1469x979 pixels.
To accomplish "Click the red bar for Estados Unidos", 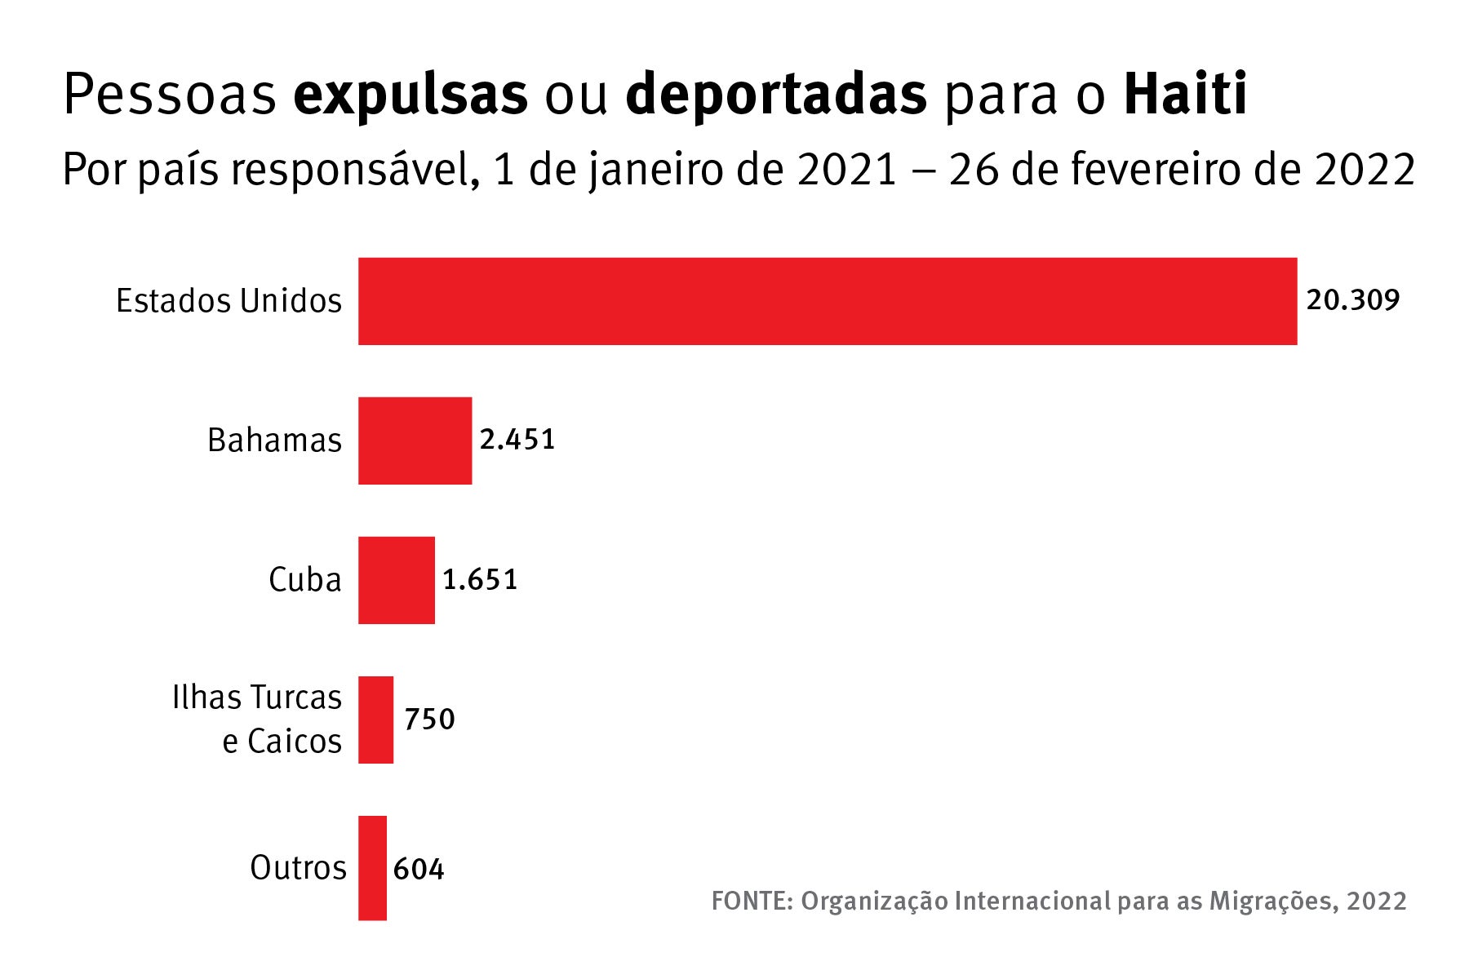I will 827,301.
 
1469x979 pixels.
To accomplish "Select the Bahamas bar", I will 415,441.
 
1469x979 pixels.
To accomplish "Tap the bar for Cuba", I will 396,580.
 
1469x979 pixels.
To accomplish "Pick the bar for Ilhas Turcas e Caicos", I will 375,720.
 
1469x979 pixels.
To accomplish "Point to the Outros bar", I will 372,867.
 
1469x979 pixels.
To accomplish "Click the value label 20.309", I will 1352,300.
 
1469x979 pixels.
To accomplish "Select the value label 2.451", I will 517,440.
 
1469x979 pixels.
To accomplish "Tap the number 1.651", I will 480,580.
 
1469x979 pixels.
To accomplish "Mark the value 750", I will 429,720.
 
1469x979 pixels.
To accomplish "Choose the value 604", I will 418,869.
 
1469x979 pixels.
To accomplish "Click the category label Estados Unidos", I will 229,301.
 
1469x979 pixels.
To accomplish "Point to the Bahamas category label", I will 274,441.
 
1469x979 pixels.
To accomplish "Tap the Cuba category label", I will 304,580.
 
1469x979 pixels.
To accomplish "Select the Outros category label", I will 298,868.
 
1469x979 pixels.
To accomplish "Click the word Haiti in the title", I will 1185,95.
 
